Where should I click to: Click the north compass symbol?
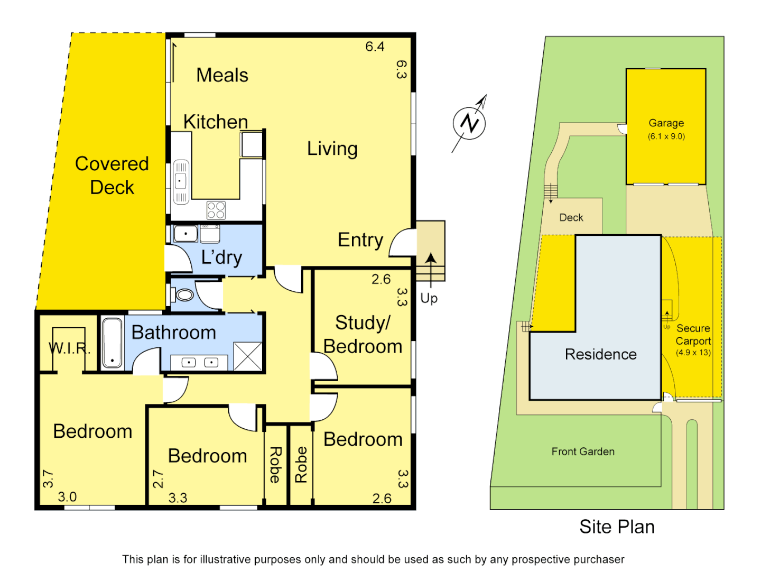point(469,124)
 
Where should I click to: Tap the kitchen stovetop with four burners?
point(216,210)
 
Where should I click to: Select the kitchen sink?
point(181,181)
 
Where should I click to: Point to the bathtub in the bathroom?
point(112,342)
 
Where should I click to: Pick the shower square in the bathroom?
point(248,356)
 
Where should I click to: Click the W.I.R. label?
point(69,348)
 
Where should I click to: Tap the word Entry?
point(360,240)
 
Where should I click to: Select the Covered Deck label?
point(112,176)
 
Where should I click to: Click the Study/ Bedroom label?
point(363,334)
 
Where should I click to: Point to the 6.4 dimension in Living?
point(375,47)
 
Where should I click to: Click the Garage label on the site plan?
point(666,123)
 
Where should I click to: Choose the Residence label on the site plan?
point(601,354)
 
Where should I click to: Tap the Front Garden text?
point(583,452)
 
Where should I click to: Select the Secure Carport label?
point(693,335)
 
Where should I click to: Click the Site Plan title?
point(617,527)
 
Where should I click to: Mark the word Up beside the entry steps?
point(429,298)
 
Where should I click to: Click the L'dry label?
point(222,257)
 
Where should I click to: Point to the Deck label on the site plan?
point(571,217)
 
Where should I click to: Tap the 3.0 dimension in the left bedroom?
point(67,497)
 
